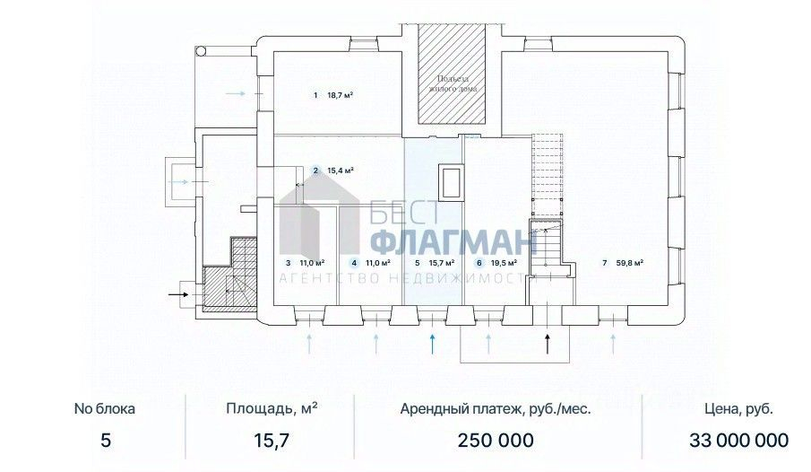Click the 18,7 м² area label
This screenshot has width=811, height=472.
tap(341, 95)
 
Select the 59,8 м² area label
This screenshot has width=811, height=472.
tap(630, 263)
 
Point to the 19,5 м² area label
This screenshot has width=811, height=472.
tap(504, 263)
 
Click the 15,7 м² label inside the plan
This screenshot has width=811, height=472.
tap(442, 263)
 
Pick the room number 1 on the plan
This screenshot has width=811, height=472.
tap(315, 95)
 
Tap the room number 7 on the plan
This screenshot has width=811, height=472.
tap(605, 263)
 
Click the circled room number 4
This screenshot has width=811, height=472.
tap(354, 263)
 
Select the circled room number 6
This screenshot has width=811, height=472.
tap(479, 263)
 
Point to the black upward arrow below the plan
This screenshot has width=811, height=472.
tap(548, 344)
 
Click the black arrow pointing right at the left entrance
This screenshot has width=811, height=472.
tap(178, 294)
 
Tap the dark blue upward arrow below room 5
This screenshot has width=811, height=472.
tap(433, 344)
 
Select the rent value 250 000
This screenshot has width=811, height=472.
tap(496, 441)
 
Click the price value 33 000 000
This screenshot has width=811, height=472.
tap(738, 441)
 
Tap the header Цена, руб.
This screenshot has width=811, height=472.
tap(738, 409)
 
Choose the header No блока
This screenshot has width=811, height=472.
tap(105, 409)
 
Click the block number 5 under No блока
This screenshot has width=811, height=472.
tap(106, 441)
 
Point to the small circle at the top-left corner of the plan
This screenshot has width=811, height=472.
tap(201, 50)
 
